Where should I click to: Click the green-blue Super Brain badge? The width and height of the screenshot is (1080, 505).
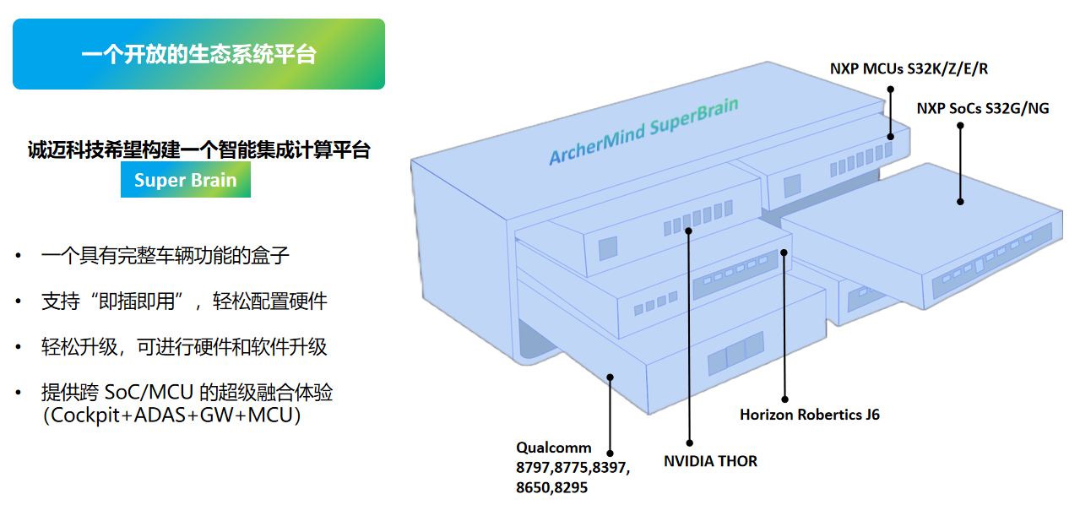click(x=186, y=180)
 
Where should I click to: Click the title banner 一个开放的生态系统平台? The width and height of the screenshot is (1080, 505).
click(x=198, y=55)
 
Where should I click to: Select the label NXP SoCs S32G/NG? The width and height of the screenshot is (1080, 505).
click(x=983, y=108)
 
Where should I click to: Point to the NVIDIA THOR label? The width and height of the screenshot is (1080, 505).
click(x=710, y=461)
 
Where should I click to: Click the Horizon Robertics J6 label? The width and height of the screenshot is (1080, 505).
click(x=810, y=415)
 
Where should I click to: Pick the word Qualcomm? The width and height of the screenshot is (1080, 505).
click(x=554, y=448)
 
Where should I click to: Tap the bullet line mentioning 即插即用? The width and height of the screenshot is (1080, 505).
click(x=184, y=301)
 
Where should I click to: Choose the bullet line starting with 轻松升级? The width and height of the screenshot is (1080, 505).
click(x=184, y=346)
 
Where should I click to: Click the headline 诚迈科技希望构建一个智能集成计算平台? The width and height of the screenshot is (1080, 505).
click(x=198, y=150)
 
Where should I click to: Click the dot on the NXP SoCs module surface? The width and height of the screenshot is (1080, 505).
click(x=960, y=201)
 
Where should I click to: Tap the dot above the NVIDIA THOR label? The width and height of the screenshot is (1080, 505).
click(x=690, y=442)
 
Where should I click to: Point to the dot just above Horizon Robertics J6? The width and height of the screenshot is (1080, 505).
click(x=784, y=399)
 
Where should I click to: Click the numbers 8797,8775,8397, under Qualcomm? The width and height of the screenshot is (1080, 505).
click(x=573, y=467)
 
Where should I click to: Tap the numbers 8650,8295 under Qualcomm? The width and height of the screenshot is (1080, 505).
click(x=552, y=487)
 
